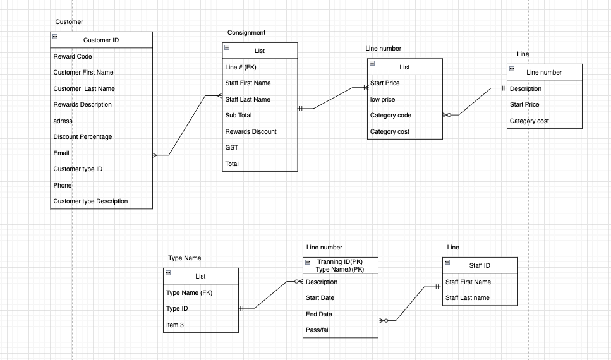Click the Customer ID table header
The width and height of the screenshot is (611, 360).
tap(101, 40)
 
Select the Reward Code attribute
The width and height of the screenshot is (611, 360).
tap(73, 57)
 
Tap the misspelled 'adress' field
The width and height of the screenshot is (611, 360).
tap(63, 121)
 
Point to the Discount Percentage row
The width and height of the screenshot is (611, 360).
tap(82, 137)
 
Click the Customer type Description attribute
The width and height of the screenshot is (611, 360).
tap(90, 201)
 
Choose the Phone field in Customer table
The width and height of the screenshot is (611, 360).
tap(63, 186)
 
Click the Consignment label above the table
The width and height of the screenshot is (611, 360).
tap(246, 33)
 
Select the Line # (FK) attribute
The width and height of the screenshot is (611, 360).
tap(241, 67)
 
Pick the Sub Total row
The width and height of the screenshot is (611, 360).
tap(238, 116)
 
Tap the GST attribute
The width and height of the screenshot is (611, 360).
tap(232, 148)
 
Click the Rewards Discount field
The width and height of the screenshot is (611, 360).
tap(251, 132)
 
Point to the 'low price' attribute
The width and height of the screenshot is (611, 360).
tap(383, 100)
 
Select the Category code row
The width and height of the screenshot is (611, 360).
tap(390, 116)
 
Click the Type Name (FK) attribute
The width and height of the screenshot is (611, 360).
tap(190, 293)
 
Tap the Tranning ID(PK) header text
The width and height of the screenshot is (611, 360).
tap(340, 262)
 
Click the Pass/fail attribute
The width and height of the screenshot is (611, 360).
tap(318, 330)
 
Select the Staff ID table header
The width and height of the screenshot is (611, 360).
tap(480, 266)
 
